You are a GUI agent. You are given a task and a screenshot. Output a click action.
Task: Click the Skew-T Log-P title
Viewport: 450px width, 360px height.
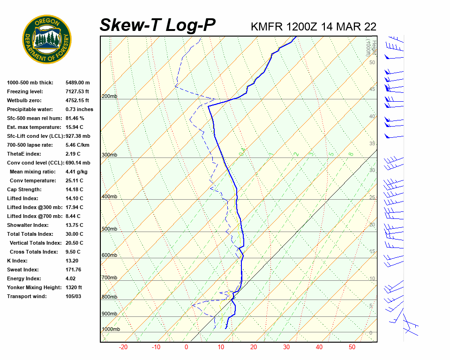(157, 25)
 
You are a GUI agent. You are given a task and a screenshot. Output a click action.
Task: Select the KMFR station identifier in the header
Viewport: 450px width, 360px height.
(266, 27)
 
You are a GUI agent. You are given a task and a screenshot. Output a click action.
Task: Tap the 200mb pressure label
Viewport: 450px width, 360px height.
(109, 97)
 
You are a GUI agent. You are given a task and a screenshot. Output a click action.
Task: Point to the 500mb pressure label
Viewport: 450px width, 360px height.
(109, 229)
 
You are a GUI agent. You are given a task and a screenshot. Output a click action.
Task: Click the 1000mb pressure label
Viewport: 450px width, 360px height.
(111, 330)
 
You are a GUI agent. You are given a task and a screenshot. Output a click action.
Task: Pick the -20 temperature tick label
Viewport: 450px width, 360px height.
(123, 347)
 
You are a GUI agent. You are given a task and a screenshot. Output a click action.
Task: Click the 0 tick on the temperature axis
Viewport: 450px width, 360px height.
(186, 347)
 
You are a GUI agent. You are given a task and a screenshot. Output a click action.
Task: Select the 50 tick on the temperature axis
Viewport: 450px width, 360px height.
(352, 347)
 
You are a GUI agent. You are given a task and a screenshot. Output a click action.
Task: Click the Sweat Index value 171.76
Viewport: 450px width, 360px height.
(73, 270)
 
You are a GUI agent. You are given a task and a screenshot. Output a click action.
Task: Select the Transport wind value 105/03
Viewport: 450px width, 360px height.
(73, 296)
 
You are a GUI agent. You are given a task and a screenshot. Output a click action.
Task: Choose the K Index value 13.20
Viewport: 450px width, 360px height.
(72, 261)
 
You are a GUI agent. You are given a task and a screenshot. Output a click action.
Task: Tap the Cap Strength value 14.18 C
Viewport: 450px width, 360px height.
(74, 190)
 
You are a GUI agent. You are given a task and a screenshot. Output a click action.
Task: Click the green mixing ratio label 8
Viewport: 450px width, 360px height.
(351, 154)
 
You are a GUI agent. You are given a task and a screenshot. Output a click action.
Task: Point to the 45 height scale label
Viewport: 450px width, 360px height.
(372, 89)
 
